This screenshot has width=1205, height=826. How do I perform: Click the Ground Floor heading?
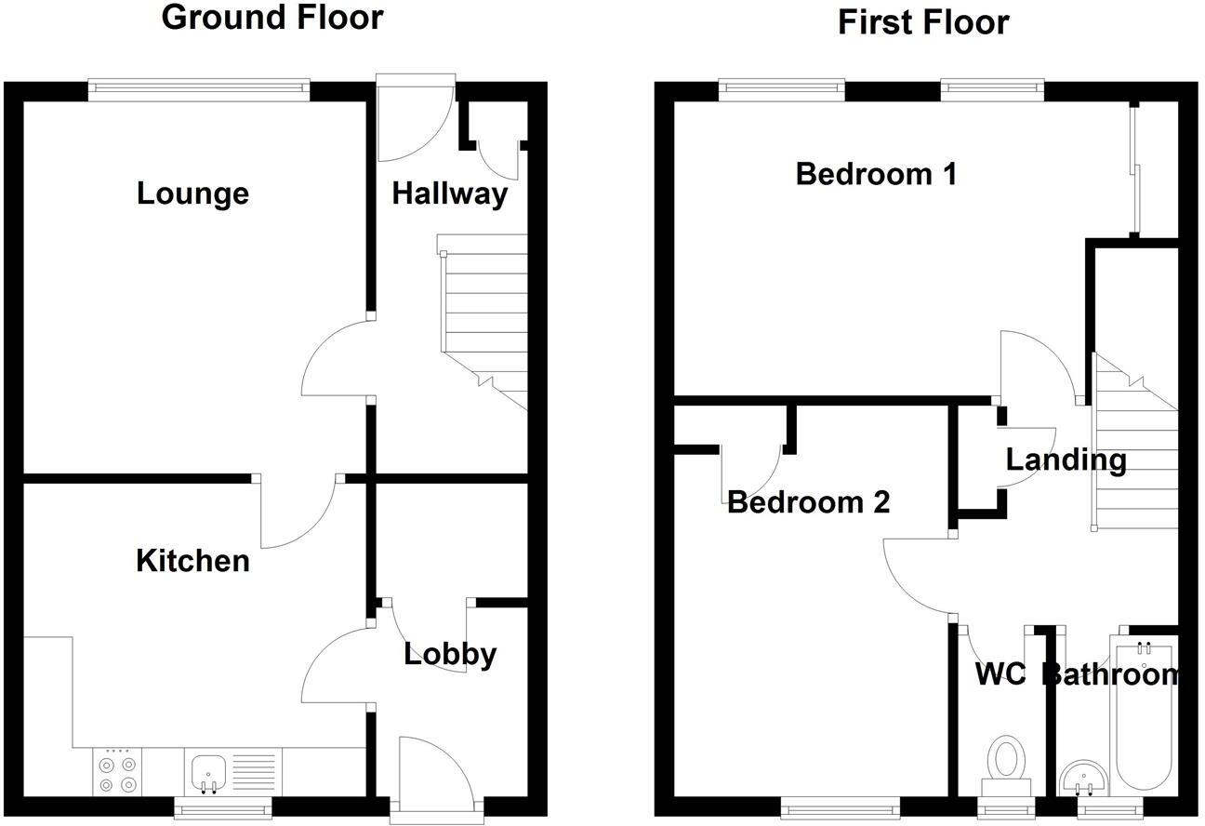click(271, 18)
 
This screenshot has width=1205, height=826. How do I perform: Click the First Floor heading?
click(922, 21)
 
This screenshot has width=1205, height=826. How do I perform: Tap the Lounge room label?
click(192, 193)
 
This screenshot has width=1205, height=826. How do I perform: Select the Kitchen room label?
click(192, 561)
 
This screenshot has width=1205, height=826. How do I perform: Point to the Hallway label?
click(449, 193)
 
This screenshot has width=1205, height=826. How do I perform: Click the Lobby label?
click(450, 654)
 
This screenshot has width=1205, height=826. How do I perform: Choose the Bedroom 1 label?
click(876, 174)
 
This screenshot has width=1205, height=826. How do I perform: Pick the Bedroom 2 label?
click(808, 502)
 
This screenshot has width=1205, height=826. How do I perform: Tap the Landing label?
click(1066, 460)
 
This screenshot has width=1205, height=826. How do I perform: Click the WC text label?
click(1000, 673)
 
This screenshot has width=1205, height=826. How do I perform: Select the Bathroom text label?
click(1110, 673)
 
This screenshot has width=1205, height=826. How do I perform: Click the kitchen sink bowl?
click(209, 771)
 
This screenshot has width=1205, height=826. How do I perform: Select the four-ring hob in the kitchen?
click(117, 773)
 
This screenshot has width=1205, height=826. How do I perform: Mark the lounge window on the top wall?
click(200, 88)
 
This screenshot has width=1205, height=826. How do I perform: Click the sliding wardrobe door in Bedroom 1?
click(1133, 167)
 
